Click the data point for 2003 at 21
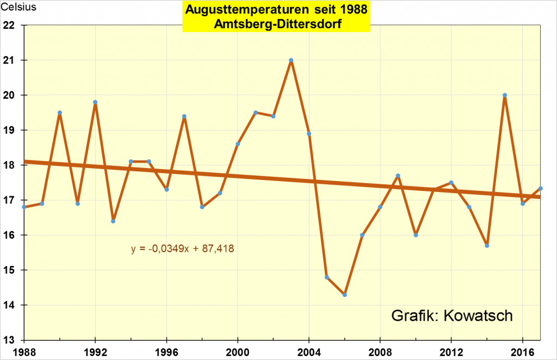click(291, 60)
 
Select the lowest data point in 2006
click(345, 295)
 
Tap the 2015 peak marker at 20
click(505, 95)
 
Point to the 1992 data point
click(95, 102)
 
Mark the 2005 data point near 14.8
click(327, 277)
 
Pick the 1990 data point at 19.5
click(60, 113)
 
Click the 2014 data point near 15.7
click(487, 246)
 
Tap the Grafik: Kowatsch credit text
click(452, 316)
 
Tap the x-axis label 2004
click(309, 350)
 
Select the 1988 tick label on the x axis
click(24, 350)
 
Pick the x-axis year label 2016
click(522, 350)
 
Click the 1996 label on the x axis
click(167, 350)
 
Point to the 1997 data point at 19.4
click(184, 116)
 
